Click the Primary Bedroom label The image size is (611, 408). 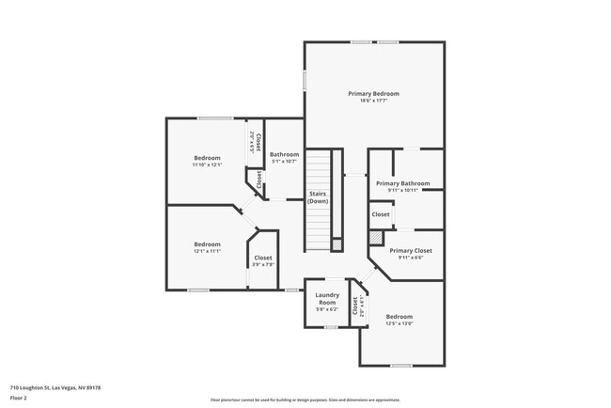point(373,94)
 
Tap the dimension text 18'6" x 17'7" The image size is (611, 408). point(373,102)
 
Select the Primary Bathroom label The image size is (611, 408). point(402,183)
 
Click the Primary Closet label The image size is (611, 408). point(410,250)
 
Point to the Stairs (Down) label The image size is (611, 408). point(318,197)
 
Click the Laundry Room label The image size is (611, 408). point(327,298)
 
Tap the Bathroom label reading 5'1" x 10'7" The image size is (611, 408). point(284,154)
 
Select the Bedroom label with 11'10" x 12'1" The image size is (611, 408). point(207,157)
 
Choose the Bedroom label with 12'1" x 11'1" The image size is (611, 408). point(207,243)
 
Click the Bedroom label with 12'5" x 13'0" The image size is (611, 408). point(399,317)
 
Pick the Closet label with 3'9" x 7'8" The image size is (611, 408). point(263,258)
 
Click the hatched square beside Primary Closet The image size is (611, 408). point(376,240)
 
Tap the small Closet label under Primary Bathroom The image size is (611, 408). point(381,214)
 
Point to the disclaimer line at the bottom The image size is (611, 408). point(305,399)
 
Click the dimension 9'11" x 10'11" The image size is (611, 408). point(402,191)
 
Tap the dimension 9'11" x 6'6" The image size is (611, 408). point(410,258)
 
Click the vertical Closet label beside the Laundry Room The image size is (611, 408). point(355,305)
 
